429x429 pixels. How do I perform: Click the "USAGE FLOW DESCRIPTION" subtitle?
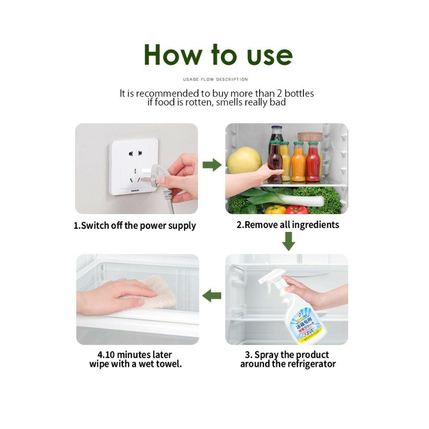pos(215,80)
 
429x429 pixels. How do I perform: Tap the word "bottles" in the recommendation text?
pos(299,93)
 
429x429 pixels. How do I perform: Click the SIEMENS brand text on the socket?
pos(135,190)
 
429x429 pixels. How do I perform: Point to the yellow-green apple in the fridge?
pos(244,160)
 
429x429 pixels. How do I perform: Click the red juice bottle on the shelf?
pos(313,163)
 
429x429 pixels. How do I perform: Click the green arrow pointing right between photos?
pos(212,165)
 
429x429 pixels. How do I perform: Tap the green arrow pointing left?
pos(212,295)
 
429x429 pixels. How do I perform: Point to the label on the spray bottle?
pos(305,324)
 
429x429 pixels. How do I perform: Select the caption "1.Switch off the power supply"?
pos(135,225)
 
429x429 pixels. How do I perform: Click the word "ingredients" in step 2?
pos(315,224)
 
